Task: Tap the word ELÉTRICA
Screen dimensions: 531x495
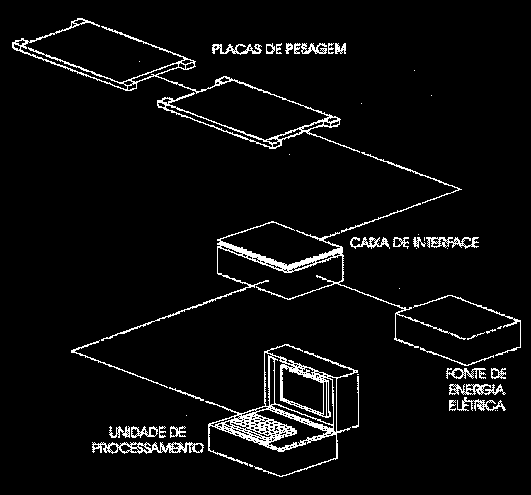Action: pos(477,405)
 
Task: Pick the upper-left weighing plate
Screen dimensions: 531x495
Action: pos(103,55)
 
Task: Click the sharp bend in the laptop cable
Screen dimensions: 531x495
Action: pos(73,351)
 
